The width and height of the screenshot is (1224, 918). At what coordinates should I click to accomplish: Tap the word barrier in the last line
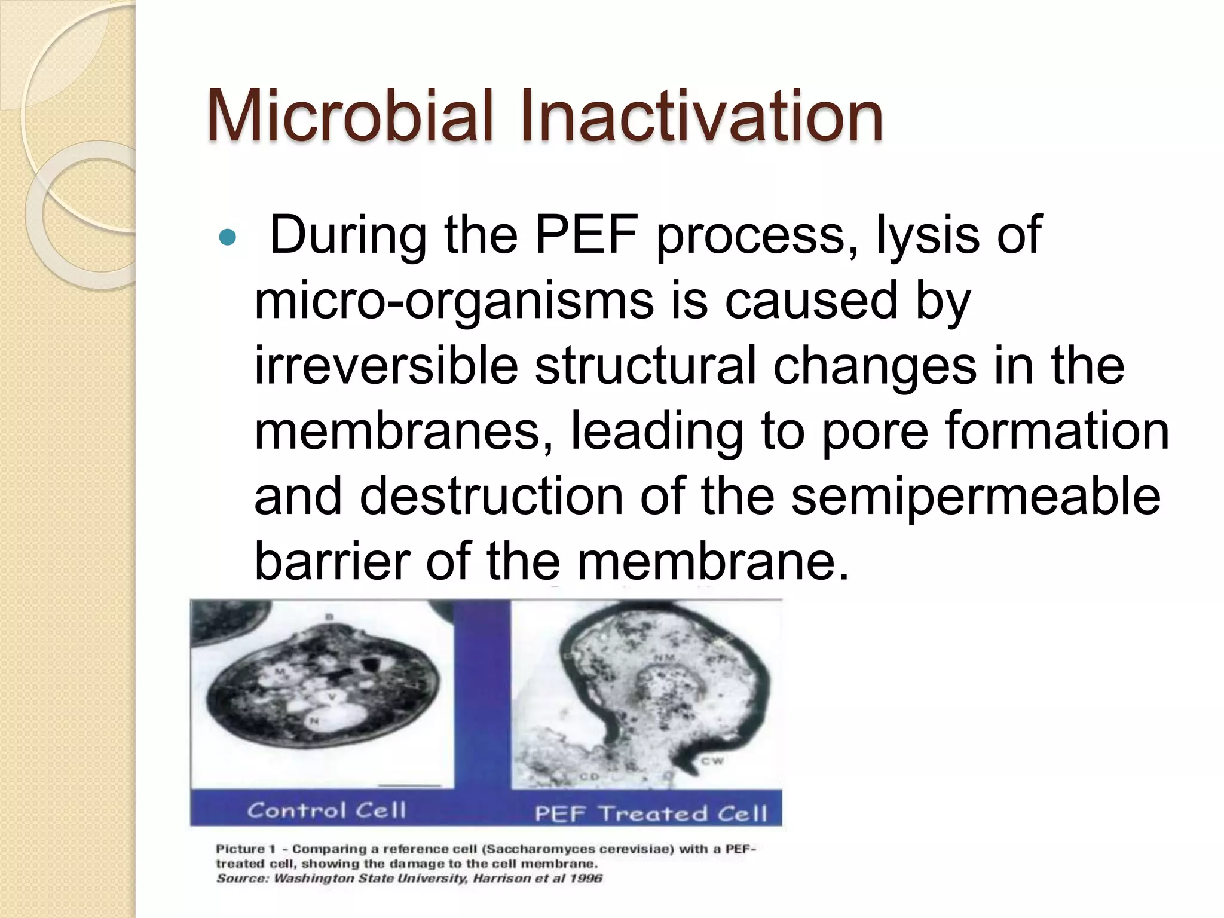tap(332, 561)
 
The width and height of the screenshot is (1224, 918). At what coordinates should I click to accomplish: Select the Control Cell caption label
tap(326, 810)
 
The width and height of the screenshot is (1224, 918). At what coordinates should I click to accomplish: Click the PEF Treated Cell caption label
tap(650, 813)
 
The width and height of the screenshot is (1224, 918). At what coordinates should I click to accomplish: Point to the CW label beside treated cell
tap(712, 761)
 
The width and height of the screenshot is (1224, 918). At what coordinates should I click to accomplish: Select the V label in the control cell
tap(332, 697)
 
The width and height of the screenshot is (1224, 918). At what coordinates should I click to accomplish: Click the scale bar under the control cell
tap(410, 785)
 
